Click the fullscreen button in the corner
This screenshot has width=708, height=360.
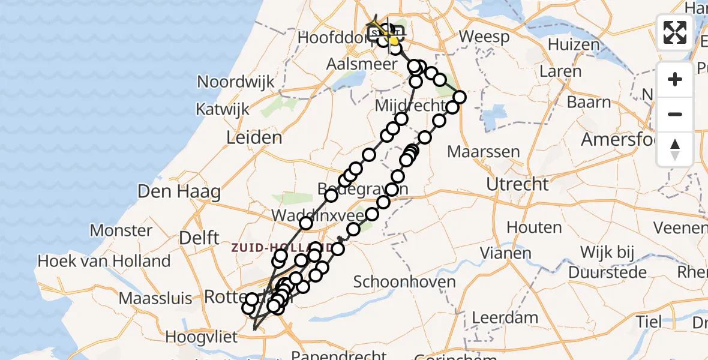click(675, 32)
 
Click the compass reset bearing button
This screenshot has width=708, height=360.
click(675, 149)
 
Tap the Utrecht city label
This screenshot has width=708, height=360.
click(517, 184)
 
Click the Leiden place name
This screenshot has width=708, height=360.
click(254, 138)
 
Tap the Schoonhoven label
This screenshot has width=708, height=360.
click(404, 282)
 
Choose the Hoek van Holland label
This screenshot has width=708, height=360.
click(104, 262)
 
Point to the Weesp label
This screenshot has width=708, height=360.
click(484, 37)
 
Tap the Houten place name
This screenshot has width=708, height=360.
click(534, 227)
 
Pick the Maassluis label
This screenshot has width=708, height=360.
click(155, 298)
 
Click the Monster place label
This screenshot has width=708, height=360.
click(121, 230)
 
